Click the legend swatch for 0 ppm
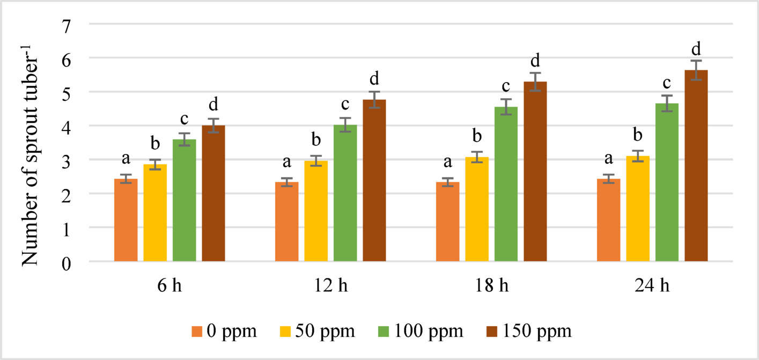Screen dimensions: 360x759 click(197, 331)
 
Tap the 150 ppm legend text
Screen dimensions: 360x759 click(537, 331)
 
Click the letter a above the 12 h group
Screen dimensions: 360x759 click(287, 162)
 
